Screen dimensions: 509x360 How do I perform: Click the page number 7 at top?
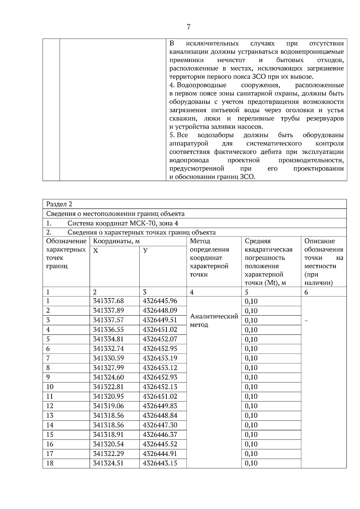click(188, 27)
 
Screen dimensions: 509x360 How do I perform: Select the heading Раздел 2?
click(59, 204)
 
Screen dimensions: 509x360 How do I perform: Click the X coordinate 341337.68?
click(108, 301)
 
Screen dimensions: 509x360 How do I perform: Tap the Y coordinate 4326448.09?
click(160, 311)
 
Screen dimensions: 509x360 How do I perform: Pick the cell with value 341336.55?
click(108, 330)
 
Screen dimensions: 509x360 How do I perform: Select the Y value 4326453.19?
click(160, 358)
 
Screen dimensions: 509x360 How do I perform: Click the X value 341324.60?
click(108, 377)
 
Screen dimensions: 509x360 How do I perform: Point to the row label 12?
click(50, 406)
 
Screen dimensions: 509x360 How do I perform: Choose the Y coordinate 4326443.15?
click(160, 463)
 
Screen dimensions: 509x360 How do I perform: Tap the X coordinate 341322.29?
click(108, 454)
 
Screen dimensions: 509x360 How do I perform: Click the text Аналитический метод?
click(214, 320)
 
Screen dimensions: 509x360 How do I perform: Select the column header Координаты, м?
click(116, 241)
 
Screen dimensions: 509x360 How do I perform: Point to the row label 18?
click(50, 463)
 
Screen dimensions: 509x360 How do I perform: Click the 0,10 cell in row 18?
click(251, 463)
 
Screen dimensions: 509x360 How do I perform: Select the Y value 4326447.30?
click(160, 425)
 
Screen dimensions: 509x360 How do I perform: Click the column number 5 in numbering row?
click(247, 292)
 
